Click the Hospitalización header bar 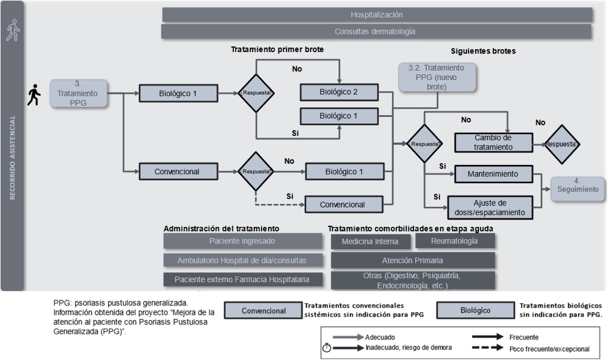pyautogui.click(x=377, y=15)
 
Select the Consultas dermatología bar pyautogui.click(x=376, y=32)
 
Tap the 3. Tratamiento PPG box pyautogui.click(x=78, y=93)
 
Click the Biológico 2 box pyautogui.click(x=339, y=92)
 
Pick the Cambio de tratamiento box pyautogui.click(x=494, y=143)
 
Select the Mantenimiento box pyautogui.click(x=494, y=174)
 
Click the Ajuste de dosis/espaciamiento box pyautogui.click(x=490, y=208)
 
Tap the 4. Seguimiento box pyautogui.click(x=578, y=189)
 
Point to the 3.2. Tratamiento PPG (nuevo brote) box pyautogui.click(x=437, y=77)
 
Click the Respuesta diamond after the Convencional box pyautogui.click(x=256, y=172)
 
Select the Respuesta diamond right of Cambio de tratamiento pyautogui.click(x=562, y=144)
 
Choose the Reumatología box pyautogui.click(x=455, y=241)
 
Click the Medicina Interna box pyautogui.click(x=370, y=242)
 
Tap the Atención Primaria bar pyautogui.click(x=413, y=260)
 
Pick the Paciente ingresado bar pyautogui.click(x=243, y=241)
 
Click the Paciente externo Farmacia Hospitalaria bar pyautogui.click(x=243, y=280)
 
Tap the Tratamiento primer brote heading pyautogui.click(x=277, y=49)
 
